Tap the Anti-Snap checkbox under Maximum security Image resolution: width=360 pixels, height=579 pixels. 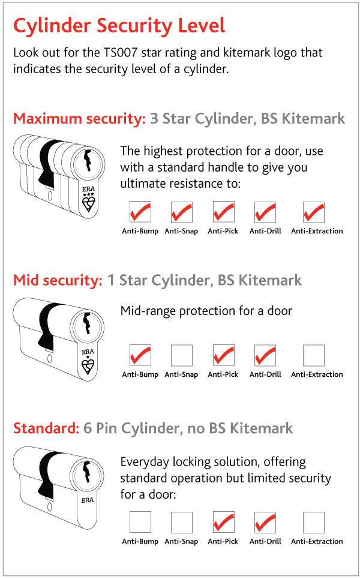tap(182, 212)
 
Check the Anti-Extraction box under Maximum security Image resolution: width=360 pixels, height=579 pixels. tap(313, 212)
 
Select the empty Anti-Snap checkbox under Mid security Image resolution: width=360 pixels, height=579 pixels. tap(182, 355)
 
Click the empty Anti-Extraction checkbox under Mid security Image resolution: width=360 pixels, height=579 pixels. tap(313, 355)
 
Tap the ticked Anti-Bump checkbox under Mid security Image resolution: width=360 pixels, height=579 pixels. tap(140, 355)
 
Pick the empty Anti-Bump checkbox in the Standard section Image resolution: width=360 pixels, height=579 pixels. tap(140, 522)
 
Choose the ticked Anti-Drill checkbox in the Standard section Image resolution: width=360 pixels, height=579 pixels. tap(265, 522)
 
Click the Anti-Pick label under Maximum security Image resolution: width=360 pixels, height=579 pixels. tap(223, 231)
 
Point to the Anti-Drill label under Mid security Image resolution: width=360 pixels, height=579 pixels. tap(265, 374)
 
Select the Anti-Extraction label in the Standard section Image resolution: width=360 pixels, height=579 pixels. tap(317, 541)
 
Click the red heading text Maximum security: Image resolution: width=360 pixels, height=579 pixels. tap(79, 119)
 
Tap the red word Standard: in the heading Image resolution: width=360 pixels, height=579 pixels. tap(46, 428)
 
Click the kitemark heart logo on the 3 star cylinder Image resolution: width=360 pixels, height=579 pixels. tap(89, 203)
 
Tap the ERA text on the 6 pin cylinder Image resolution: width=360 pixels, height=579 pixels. tap(88, 500)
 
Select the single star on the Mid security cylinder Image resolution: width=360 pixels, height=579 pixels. tap(88, 357)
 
